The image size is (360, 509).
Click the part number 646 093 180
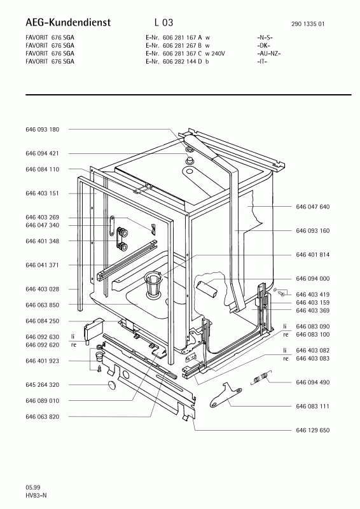[x=42, y=130]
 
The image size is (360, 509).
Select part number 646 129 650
[x=312, y=431]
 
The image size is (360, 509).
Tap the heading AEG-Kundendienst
[x=68, y=22]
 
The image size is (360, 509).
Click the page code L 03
[x=164, y=22]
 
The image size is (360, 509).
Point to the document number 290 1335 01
[x=308, y=24]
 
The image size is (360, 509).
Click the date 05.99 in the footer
[x=33, y=487]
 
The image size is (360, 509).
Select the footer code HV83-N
[x=36, y=496]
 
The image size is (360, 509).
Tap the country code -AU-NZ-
[x=269, y=53]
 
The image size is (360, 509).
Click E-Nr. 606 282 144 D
[x=174, y=61]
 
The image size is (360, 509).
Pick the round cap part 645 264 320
[x=112, y=385]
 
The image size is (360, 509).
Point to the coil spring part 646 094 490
[x=261, y=377]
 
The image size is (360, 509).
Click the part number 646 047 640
[x=312, y=207]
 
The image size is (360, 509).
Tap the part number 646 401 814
[x=312, y=255]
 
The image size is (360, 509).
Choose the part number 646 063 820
[x=42, y=417]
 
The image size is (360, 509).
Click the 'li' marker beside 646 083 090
[x=285, y=326]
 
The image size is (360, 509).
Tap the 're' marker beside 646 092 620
[x=74, y=345]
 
